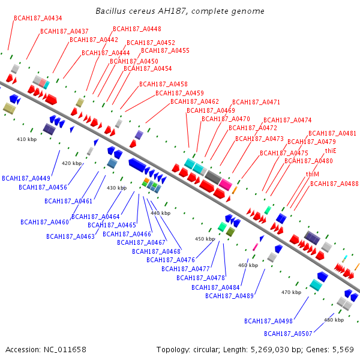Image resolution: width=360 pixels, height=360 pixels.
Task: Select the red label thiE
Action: (x=331, y=151)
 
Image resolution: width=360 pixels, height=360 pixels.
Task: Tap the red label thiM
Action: (x=312, y=174)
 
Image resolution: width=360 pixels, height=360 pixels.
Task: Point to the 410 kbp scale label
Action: (x=26, y=139)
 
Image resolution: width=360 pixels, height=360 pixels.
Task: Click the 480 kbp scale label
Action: (x=334, y=320)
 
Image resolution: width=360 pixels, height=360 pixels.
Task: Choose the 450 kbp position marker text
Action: (x=205, y=239)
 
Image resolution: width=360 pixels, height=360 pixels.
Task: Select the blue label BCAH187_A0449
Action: (x=26, y=178)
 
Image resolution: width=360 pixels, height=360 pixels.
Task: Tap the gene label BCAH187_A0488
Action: (x=334, y=184)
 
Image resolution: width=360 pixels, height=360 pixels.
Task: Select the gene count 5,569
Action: (x=343, y=349)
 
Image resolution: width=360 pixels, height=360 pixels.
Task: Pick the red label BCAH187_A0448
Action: (x=137, y=29)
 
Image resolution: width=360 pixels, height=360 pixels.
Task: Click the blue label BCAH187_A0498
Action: (x=268, y=321)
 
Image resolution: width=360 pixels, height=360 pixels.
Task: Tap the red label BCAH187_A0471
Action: (x=256, y=102)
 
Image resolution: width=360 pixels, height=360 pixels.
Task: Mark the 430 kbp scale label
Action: (x=117, y=188)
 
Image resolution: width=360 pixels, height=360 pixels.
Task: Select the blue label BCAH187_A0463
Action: (x=70, y=236)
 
